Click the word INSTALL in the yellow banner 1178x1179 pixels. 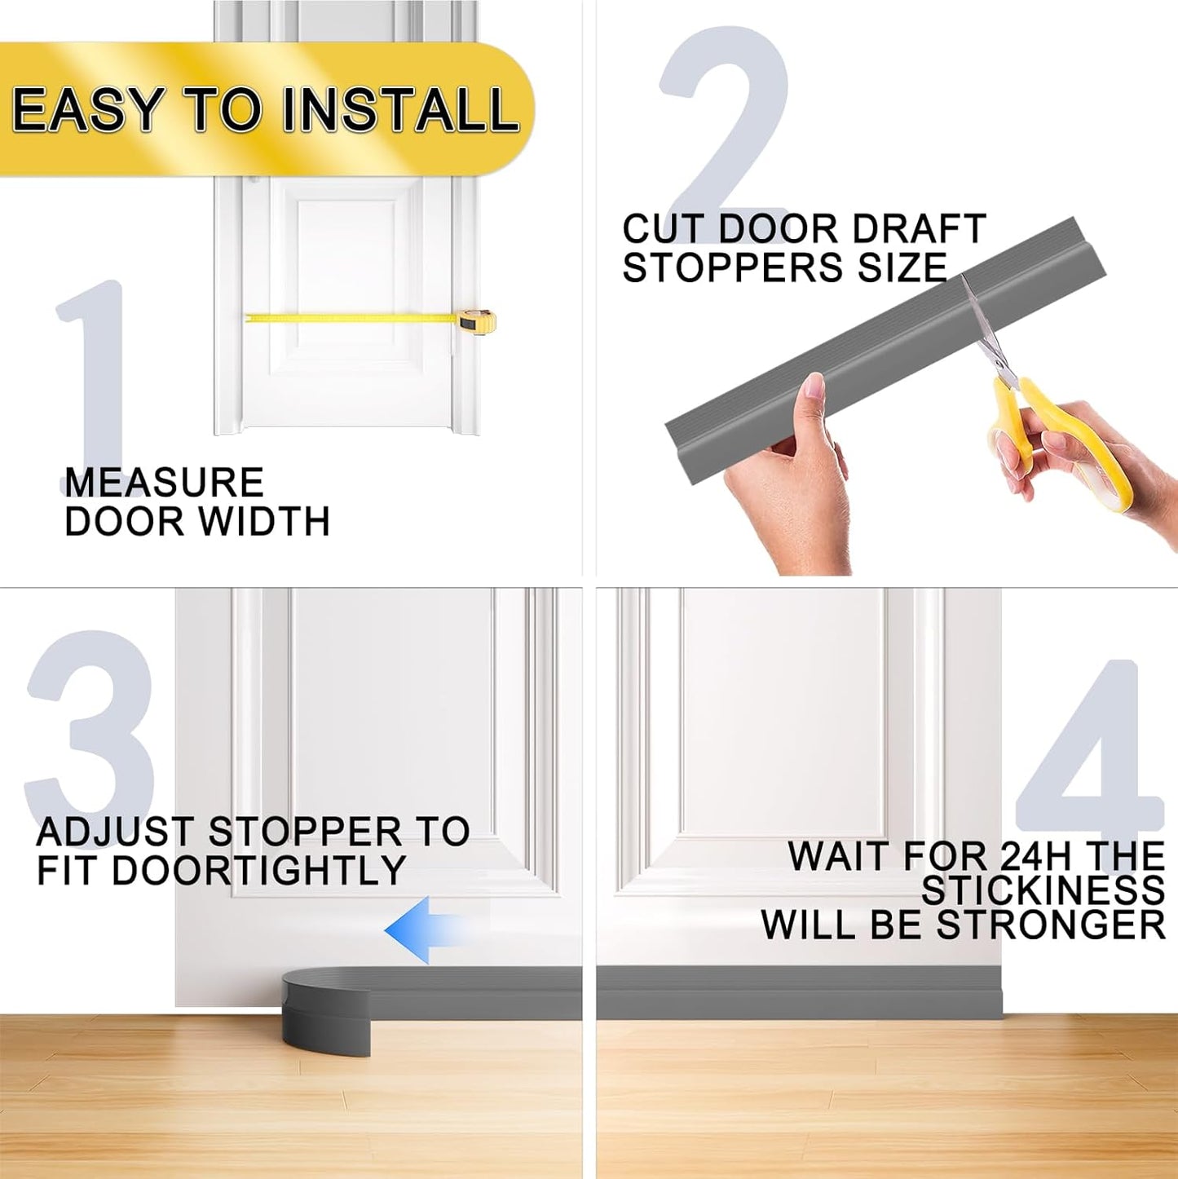point(399,109)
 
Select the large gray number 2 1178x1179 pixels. point(726,122)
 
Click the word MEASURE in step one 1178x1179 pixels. point(164,483)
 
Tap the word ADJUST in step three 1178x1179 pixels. point(114,832)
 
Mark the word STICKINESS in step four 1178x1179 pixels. point(1043,890)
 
